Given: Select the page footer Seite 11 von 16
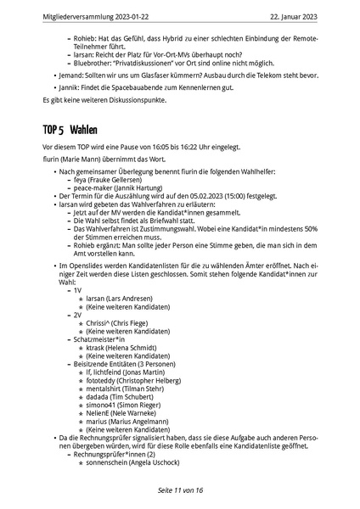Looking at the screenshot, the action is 180,490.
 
